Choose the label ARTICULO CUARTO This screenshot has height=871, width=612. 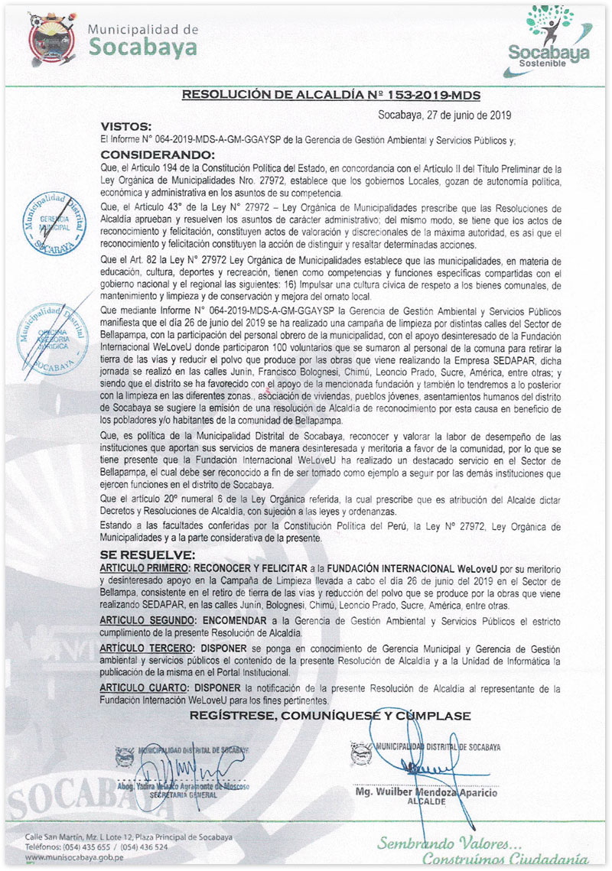coord(142,688)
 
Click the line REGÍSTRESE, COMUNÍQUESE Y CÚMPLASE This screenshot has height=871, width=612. coord(330,716)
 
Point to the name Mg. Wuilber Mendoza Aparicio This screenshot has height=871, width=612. coord(426,793)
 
